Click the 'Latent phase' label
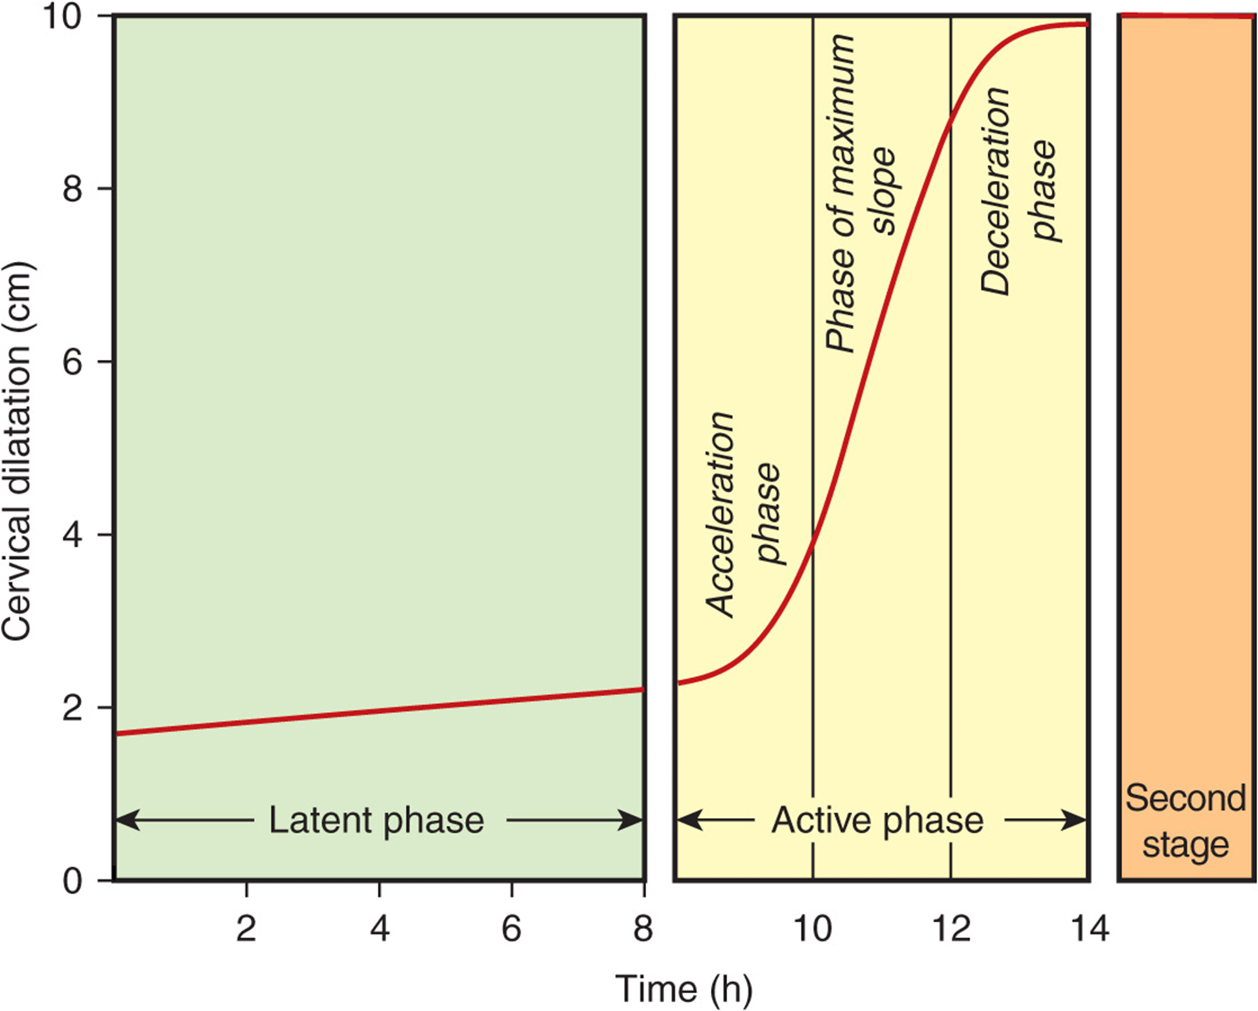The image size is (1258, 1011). (x=376, y=820)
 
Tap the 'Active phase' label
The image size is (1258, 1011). (x=877, y=820)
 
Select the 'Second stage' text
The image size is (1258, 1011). (x=1185, y=821)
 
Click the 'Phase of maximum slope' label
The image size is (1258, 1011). (x=862, y=193)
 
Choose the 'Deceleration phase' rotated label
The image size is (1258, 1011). (x=1019, y=190)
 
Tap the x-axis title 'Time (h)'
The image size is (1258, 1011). (x=684, y=988)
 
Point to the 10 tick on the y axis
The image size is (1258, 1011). (x=65, y=17)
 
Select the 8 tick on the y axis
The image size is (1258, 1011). (x=74, y=189)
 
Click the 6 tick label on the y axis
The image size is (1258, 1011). (x=74, y=362)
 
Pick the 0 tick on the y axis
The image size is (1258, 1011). (x=74, y=880)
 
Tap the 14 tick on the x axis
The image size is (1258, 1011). (x=1089, y=928)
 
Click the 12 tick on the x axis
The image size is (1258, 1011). (x=951, y=928)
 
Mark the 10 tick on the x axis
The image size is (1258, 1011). (x=813, y=928)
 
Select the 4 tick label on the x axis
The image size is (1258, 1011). (x=379, y=928)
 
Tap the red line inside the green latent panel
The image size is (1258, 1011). (x=378, y=712)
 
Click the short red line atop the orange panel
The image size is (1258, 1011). (x=1185, y=16)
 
